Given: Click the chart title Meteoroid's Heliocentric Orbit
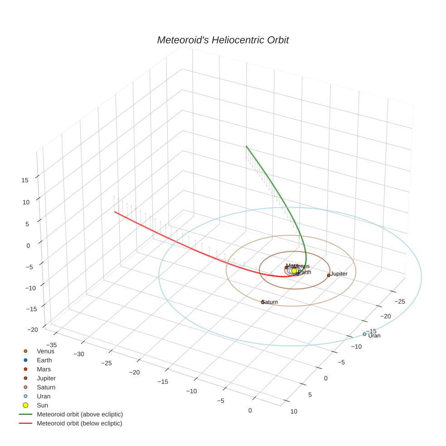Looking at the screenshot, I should click(x=223, y=40).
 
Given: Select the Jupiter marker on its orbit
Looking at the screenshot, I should click(x=329, y=275).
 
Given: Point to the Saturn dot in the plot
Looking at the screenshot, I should click(x=263, y=302).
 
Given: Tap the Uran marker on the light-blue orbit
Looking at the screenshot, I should click(x=364, y=334).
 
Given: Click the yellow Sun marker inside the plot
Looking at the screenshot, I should click(x=294, y=271).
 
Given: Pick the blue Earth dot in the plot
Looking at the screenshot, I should click(x=297, y=274).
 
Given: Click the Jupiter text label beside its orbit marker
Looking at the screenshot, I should click(x=339, y=274).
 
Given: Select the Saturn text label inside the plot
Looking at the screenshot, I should click(x=270, y=302).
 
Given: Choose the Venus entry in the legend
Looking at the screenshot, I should click(x=45, y=351).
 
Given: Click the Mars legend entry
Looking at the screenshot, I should click(x=44, y=369).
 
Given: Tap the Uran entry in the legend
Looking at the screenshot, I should click(x=44, y=396).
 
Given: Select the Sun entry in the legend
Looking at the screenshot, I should click(x=42, y=405).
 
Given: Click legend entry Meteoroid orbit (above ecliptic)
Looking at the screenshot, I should click(x=80, y=414).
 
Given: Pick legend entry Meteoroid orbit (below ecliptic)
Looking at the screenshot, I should click(x=80, y=423).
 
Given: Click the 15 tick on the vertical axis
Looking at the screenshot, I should click(x=25, y=180).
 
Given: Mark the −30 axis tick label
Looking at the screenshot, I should click(x=79, y=354).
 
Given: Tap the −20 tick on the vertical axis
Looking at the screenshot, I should click(x=33, y=330).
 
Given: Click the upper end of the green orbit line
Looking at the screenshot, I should click(x=246, y=146).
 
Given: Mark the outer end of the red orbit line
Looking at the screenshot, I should click(x=115, y=212).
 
